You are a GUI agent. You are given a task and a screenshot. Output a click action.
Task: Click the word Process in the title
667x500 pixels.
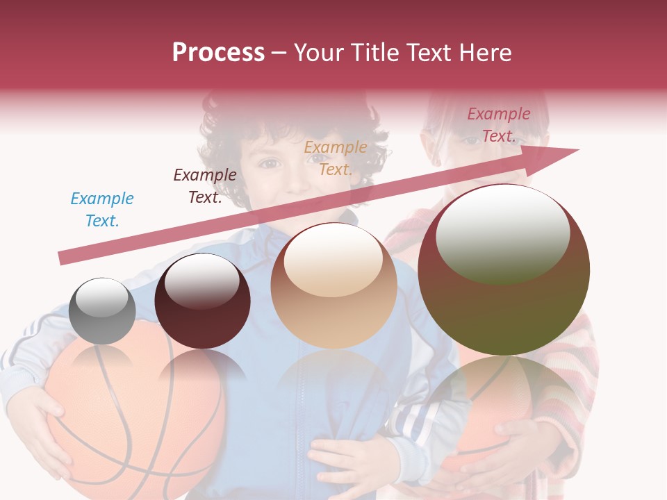218,52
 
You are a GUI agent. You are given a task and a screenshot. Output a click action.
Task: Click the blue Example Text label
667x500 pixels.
102,210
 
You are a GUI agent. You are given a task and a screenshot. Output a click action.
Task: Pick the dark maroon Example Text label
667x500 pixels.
204,186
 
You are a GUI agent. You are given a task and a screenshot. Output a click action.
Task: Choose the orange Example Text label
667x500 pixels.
336,158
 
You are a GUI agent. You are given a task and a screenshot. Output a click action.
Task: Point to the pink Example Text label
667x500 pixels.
498,125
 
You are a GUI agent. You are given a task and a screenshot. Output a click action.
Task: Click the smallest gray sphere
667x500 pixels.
102,311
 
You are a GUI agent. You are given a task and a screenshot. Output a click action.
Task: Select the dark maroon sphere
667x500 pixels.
202,301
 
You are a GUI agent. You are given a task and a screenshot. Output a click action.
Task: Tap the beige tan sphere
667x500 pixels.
333,286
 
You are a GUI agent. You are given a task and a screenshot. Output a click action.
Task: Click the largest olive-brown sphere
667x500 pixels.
504,269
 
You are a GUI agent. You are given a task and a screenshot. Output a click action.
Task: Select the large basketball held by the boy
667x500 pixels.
132,417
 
